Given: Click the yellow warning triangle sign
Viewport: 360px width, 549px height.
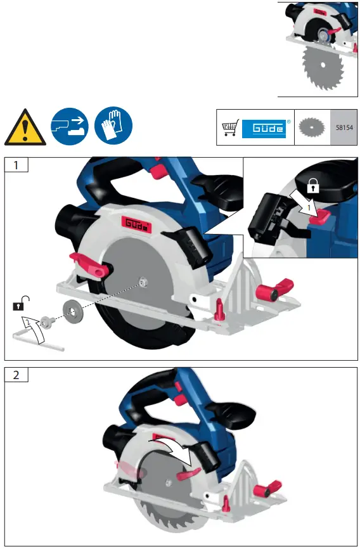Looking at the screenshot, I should tap(25, 126).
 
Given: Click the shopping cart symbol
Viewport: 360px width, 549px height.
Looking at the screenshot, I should tap(229, 128).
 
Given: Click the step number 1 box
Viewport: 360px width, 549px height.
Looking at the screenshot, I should tap(16, 165).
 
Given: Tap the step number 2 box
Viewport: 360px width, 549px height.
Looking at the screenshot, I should tap(16, 374).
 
